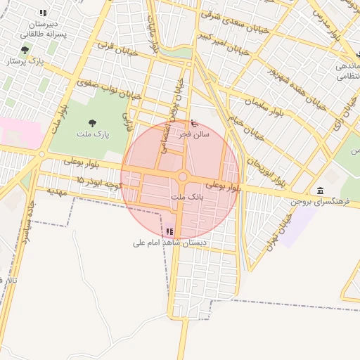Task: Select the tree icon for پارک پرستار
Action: (26, 50)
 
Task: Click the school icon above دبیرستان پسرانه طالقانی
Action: (43, 13)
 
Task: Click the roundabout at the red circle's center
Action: (183, 177)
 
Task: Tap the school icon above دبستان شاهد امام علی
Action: (169, 231)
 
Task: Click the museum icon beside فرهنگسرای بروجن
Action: (321, 191)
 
